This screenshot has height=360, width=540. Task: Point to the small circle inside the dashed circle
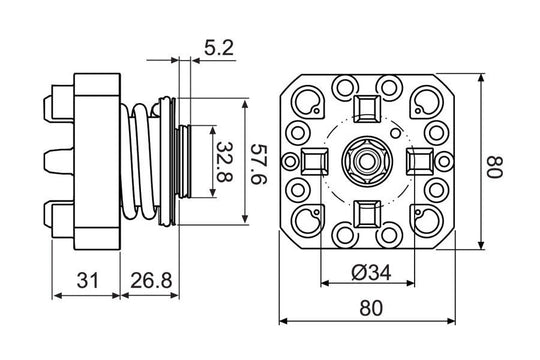pyautogui.click(x=396, y=131)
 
